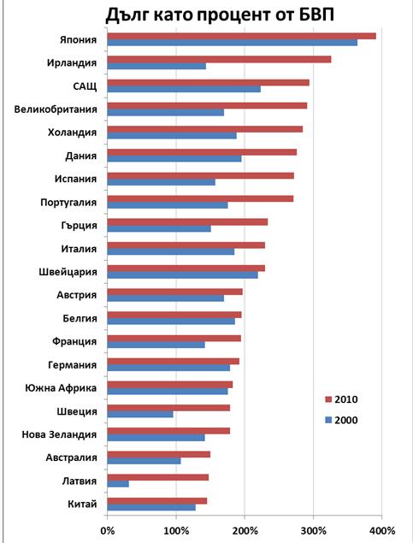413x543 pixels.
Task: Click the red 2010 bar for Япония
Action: click(242, 36)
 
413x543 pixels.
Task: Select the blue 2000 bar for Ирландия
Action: click(156, 66)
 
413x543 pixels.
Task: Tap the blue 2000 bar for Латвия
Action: click(118, 484)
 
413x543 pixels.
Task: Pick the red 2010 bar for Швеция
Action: click(168, 408)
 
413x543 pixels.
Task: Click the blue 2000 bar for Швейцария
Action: click(182, 275)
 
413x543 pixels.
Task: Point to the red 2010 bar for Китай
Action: click(157, 501)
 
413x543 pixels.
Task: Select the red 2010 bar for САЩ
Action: click(209, 82)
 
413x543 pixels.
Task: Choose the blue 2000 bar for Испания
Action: click(162, 182)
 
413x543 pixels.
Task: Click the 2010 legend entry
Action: click(341, 399)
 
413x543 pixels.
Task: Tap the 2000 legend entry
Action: click(341, 420)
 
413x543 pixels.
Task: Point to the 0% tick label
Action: click(108, 530)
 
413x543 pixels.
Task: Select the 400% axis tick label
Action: click(381, 530)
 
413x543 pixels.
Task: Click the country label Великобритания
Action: click(56, 109)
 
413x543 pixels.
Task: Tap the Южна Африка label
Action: click(61, 388)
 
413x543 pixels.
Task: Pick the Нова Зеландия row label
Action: click(59, 434)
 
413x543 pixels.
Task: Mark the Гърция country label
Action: click(79, 226)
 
